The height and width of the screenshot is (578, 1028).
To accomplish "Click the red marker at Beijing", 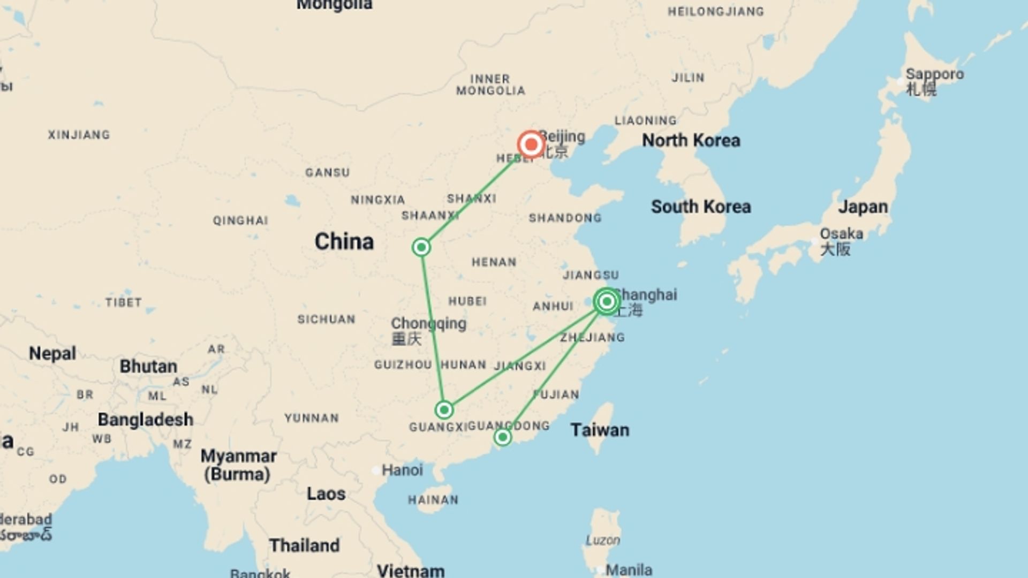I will tap(531, 144).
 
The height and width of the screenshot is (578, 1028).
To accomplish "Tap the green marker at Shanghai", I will tap(607, 302).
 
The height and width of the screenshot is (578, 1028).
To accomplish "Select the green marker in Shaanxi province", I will tap(421, 247).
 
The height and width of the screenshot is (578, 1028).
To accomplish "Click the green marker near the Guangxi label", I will tap(444, 410).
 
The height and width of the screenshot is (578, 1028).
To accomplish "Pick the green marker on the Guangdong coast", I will tap(502, 437).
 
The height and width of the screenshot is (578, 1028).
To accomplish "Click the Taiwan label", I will tap(600, 430).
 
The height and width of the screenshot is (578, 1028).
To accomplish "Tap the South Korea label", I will tap(700, 207).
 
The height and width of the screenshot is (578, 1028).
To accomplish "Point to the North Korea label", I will tap(691, 140).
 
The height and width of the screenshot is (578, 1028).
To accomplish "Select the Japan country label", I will tap(863, 207).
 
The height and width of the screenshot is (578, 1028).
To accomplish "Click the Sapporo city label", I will tap(934, 74).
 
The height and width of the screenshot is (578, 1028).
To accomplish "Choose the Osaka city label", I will tap(841, 234).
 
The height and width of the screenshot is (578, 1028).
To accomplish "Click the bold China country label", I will tap(344, 241).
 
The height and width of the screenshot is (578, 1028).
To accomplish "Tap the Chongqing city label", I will tap(428, 324).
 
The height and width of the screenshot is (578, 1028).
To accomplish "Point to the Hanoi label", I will tap(402, 470).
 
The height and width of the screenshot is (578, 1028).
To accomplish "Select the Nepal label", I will tap(52, 353).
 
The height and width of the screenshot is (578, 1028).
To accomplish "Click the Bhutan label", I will tap(148, 367).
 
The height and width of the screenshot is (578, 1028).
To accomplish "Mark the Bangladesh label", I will tap(145, 420).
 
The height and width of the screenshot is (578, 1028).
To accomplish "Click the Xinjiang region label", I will tap(79, 135).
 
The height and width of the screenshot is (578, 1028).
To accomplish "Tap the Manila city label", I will tap(629, 570).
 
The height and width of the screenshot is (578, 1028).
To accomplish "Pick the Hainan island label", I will tap(433, 500).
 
